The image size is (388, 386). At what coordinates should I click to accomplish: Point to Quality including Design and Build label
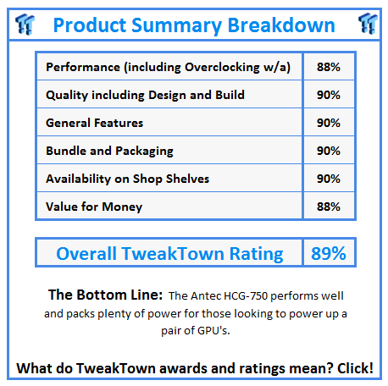pos(145,95)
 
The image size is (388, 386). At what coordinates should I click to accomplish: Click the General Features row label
pos(94,123)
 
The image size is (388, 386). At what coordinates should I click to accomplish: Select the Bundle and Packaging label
pos(109,151)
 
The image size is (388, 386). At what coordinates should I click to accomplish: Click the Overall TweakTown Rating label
pos(169,253)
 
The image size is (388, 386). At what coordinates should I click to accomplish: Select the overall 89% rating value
pos(326,253)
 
